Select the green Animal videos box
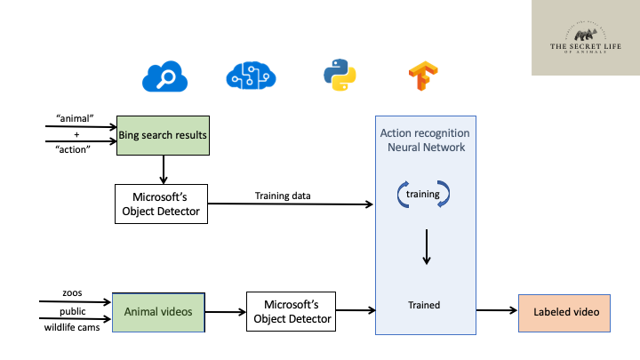[158, 311]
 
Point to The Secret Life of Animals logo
[585, 37]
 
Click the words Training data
[284, 196]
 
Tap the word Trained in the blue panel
[424, 305]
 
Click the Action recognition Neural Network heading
[425, 140]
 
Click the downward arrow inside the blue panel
[426, 247]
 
